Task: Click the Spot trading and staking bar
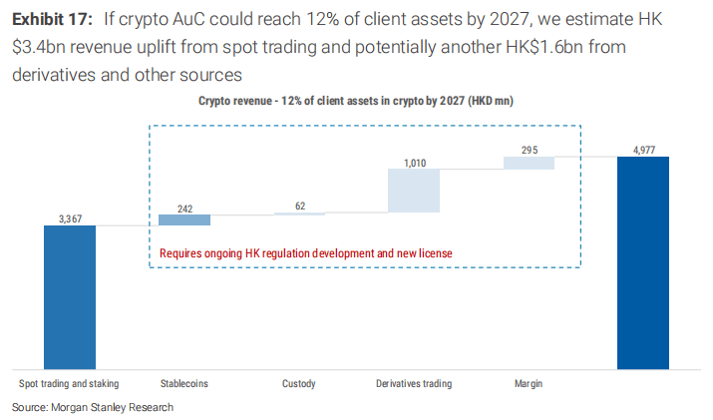[70, 297]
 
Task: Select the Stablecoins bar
[184, 219]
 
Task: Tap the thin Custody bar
[299, 213]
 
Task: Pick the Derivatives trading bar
[413, 190]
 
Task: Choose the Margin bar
[529, 163]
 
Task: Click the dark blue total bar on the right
[643, 263]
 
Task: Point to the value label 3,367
[70, 217]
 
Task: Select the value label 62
[299, 206]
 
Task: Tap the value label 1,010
[413, 161]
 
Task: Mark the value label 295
[529, 149]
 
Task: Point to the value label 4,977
[643, 149]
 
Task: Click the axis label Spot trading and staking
[70, 383]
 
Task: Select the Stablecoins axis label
[184, 383]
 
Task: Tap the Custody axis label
[299, 383]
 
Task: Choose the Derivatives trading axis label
[413, 383]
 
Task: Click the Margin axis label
[529, 383]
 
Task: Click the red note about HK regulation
[306, 253]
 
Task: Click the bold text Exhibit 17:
[52, 20]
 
